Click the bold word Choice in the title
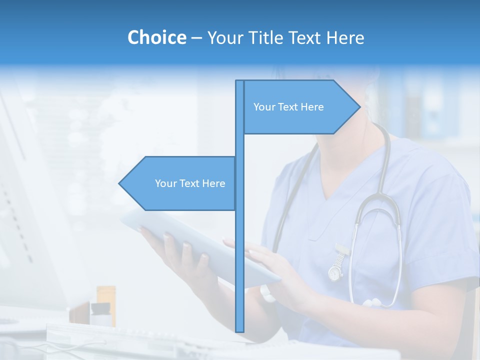point(156,37)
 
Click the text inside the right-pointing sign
point(288,107)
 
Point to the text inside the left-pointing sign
point(190,183)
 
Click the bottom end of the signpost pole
point(239,330)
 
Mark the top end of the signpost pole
point(239,82)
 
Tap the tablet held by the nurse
point(200,245)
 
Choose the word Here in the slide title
point(345,37)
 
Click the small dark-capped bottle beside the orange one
point(100,314)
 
